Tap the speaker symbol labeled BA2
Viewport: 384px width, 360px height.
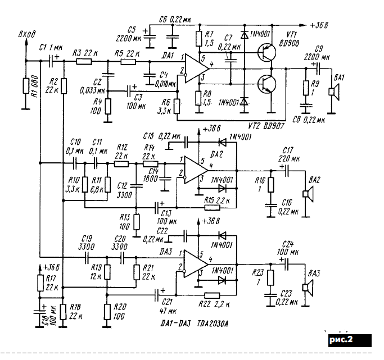pos(306,194)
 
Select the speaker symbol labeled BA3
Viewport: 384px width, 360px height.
pos(306,288)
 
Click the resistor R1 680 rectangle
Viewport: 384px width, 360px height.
pos(26,86)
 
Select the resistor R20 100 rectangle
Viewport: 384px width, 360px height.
pos(107,310)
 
